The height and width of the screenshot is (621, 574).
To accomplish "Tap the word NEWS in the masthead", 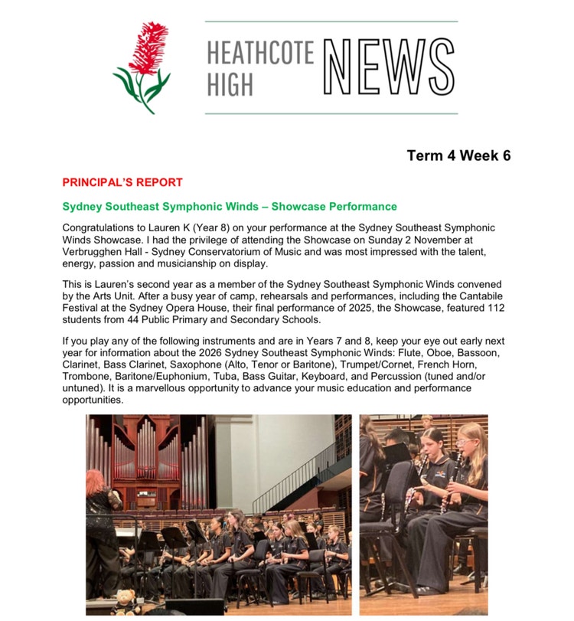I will click(x=388, y=68).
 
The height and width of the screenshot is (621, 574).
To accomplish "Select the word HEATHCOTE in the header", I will click(x=260, y=54).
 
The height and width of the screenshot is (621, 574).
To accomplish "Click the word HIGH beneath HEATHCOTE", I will click(x=229, y=84).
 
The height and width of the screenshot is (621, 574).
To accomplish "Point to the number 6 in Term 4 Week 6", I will click(x=506, y=156).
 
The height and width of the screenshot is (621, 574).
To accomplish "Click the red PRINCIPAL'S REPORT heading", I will click(x=122, y=182).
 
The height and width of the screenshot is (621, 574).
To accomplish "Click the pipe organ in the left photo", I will click(x=145, y=456).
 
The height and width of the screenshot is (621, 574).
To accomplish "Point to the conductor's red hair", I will click(x=97, y=484).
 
